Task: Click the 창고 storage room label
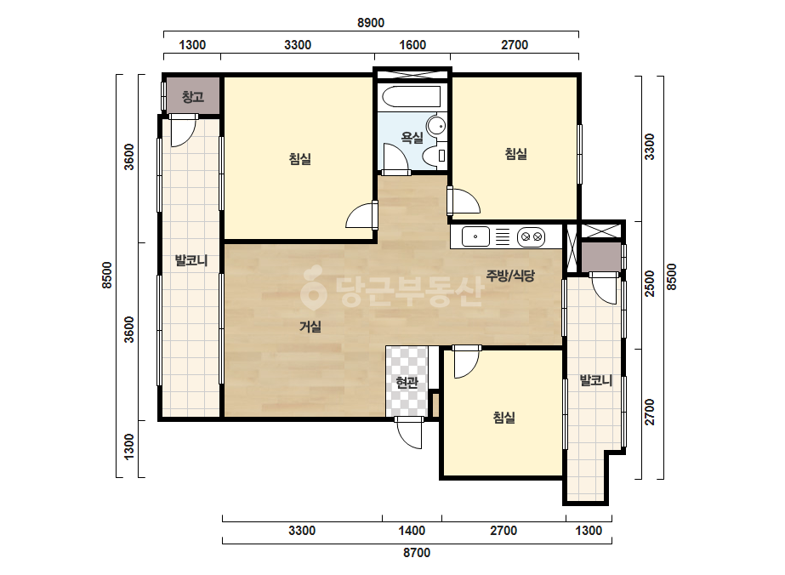coord(193,96)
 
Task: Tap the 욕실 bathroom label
coord(412,137)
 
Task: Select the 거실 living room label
coord(310,327)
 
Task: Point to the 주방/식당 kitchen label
coord(510,275)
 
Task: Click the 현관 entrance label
coord(407,383)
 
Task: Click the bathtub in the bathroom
coord(411,97)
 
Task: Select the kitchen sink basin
coord(475,236)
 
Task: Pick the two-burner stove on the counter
coord(531,236)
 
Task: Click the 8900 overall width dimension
coord(371,23)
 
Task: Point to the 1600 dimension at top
coord(412,45)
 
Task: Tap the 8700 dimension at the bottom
coord(417,553)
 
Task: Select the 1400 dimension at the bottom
coord(412,531)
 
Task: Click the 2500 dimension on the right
coord(649,283)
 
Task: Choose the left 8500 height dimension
coord(107,276)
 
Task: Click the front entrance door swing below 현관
coord(411,434)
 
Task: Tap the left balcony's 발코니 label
coord(191,260)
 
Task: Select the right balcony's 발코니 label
coord(595,381)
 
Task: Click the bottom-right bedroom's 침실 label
coord(504,418)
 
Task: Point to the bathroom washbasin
coord(436,125)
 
